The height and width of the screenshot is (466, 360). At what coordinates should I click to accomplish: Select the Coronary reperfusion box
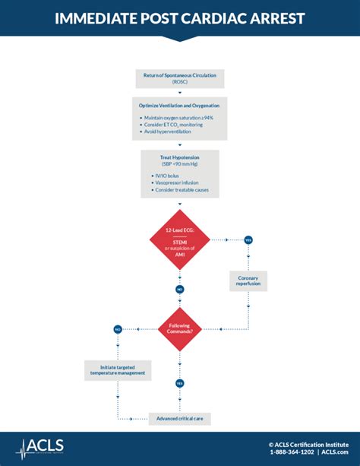(x=248, y=281)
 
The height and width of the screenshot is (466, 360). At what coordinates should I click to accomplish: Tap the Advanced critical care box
(x=179, y=419)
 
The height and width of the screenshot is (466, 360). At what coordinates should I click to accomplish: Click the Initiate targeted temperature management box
(x=118, y=369)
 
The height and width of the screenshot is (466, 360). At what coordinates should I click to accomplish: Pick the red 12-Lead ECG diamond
(x=179, y=239)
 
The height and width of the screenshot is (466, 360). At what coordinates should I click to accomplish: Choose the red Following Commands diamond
(x=179, y=328)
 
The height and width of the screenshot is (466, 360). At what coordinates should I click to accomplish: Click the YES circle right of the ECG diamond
(x=248, y=239)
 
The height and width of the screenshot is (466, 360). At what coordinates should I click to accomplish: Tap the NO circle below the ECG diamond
(x=179, y=289)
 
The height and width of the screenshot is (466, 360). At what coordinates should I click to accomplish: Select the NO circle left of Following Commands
(x=118, y=329)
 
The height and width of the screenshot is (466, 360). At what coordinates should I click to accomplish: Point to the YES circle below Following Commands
(x=179, y=383)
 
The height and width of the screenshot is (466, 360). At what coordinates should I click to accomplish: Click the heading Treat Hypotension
(x=180, y=157)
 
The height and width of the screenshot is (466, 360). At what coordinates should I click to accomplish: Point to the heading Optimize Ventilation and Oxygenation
(x=179, y=105)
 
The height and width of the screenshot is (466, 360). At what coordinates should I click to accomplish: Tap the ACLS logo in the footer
(x=42, y=447)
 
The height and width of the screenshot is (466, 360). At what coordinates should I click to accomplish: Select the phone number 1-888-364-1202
(x=292, y=452)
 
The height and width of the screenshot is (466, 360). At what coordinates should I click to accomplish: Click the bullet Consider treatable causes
(x=182, y=190)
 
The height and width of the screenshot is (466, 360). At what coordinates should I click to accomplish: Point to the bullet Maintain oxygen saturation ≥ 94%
(x=179, y=117)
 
